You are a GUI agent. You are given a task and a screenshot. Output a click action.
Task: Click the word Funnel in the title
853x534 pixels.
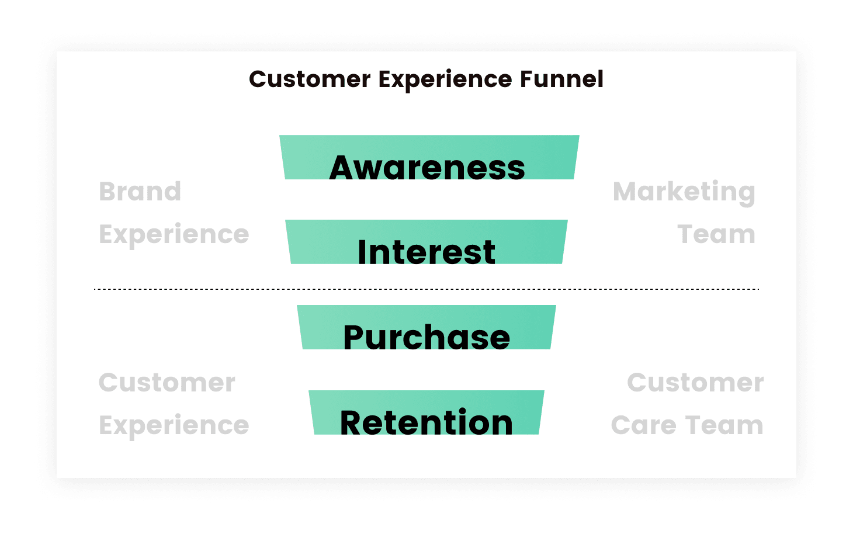[x=561, y=79]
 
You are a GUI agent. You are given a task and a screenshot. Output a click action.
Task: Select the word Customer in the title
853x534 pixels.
[x=310, y=79]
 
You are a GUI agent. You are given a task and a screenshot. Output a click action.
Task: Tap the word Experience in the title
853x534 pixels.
[x=445, y=80]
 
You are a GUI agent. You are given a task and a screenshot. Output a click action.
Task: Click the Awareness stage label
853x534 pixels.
[x=427, y=167]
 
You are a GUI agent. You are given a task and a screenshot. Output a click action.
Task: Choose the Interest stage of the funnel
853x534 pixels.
[x=426, y=242]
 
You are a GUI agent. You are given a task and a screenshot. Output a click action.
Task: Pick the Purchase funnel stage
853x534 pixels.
[x=426, y=327]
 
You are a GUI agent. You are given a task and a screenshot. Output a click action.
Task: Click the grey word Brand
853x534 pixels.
[x=140, y=191]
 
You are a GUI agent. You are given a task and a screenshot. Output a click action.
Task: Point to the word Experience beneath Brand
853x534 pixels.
[x=174, y=235]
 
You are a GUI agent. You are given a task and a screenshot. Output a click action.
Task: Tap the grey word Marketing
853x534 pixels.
[x=684, y=192]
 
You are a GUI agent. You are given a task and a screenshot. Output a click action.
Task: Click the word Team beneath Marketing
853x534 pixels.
[x=716, y=234]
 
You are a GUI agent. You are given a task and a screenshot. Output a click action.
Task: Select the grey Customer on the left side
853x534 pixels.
[x=167, y=383]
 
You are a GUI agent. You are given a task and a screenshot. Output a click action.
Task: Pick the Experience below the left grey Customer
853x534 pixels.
[x=174, y=426]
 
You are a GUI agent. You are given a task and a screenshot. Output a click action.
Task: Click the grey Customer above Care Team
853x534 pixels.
[x=695, y=383]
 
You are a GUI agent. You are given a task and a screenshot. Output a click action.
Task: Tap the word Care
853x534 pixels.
[x=644, y=425]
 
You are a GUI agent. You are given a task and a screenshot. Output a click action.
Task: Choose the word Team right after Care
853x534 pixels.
[x=724, y=425]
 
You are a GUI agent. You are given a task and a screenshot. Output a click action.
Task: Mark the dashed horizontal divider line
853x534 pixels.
[x=426, y=289]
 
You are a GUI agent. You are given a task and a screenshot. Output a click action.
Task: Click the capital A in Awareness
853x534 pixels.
[x=343, y=167]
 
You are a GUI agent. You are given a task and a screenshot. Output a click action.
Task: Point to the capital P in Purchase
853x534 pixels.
[x=354, y=337]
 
